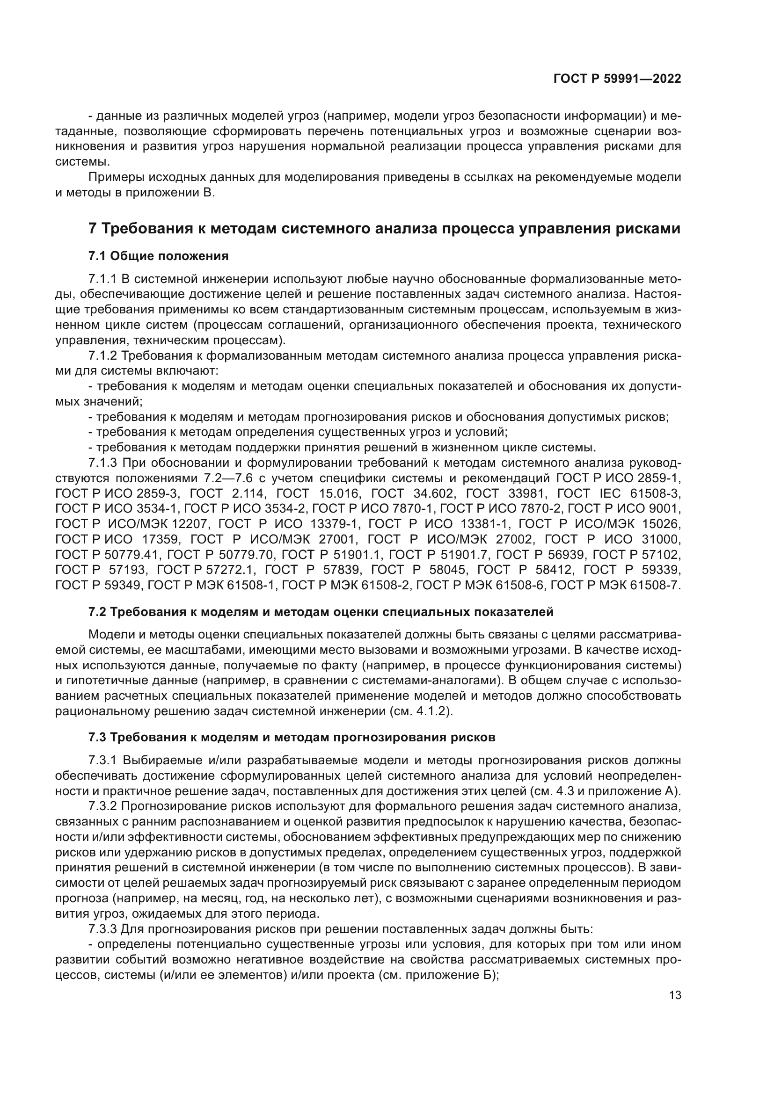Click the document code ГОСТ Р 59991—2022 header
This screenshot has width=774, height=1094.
(x=617, y=79)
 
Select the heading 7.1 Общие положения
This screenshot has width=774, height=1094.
(x=158, y=256)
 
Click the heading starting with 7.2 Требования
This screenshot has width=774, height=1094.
(x=321, y=612)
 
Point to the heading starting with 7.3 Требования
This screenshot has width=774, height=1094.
(x=292, y=738)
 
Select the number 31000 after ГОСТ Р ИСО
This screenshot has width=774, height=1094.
(x=660, y=539)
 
